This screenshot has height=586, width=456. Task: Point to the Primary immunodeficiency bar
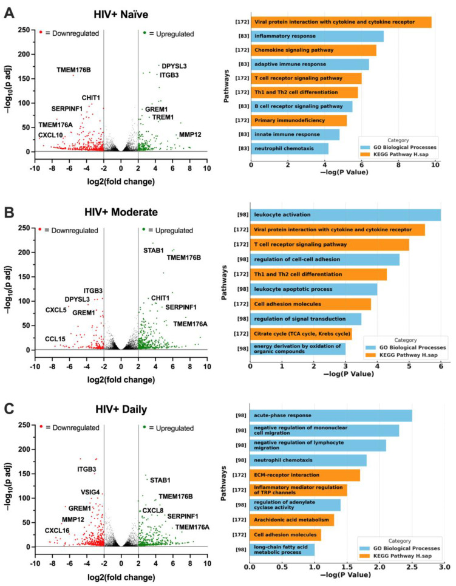point(298,120)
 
